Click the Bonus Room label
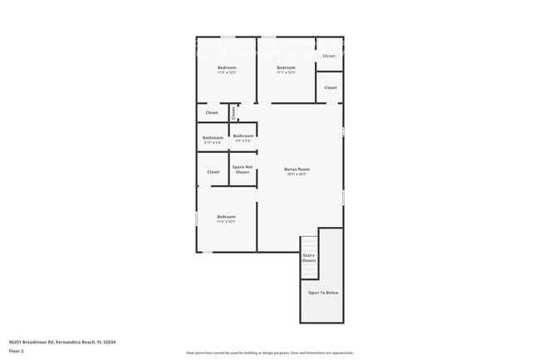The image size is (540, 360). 297,169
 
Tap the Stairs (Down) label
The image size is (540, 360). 308,258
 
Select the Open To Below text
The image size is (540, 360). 323,293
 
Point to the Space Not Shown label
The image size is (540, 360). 243,169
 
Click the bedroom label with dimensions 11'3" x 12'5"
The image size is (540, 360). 227,67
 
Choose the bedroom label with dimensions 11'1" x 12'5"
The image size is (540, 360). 286,67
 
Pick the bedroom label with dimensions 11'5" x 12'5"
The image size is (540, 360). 226,217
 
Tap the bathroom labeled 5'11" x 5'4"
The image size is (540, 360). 213,138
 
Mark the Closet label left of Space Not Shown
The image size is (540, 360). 214,172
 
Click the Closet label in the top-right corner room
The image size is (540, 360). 329,56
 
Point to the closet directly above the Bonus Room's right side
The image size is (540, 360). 330,87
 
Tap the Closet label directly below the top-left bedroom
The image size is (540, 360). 212,112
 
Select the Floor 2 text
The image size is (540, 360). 17,352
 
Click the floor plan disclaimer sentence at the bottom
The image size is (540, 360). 269,353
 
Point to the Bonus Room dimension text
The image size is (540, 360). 297,175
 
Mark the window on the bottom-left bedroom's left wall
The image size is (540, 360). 197,218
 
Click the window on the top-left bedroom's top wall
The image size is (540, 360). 227,37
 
